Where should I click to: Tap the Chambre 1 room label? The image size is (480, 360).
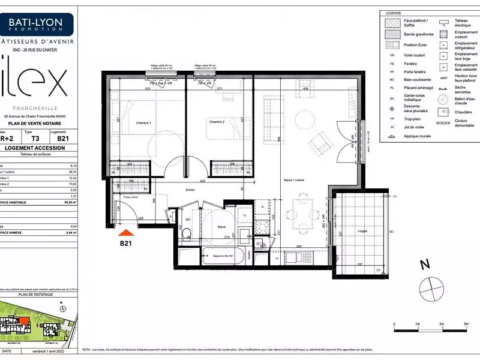[142, 122]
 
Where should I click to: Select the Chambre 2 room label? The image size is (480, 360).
[217, 122]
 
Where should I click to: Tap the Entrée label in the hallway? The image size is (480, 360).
[174, 190]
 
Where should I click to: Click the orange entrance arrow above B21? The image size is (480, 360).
[125, 232]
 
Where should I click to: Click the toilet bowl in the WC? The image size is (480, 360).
[188, 236]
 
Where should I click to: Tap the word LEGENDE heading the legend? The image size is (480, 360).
[394, 13]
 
